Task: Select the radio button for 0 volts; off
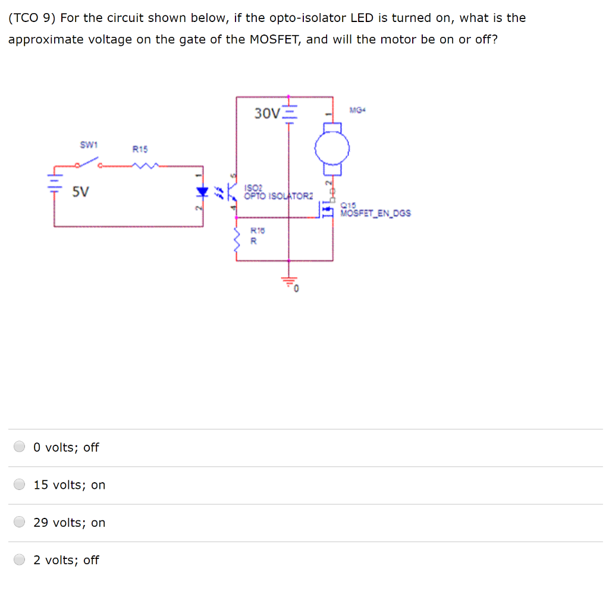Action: [20, 447]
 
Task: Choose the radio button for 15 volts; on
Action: [20, 485]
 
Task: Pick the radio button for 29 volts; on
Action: [20, 522]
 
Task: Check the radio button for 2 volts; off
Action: [20, 559]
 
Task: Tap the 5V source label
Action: [81, 191]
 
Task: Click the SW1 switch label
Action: [89, 144]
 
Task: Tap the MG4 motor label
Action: [356, 109]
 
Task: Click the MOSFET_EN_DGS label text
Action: [375, 213]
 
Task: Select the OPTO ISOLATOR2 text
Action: [278, 196]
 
